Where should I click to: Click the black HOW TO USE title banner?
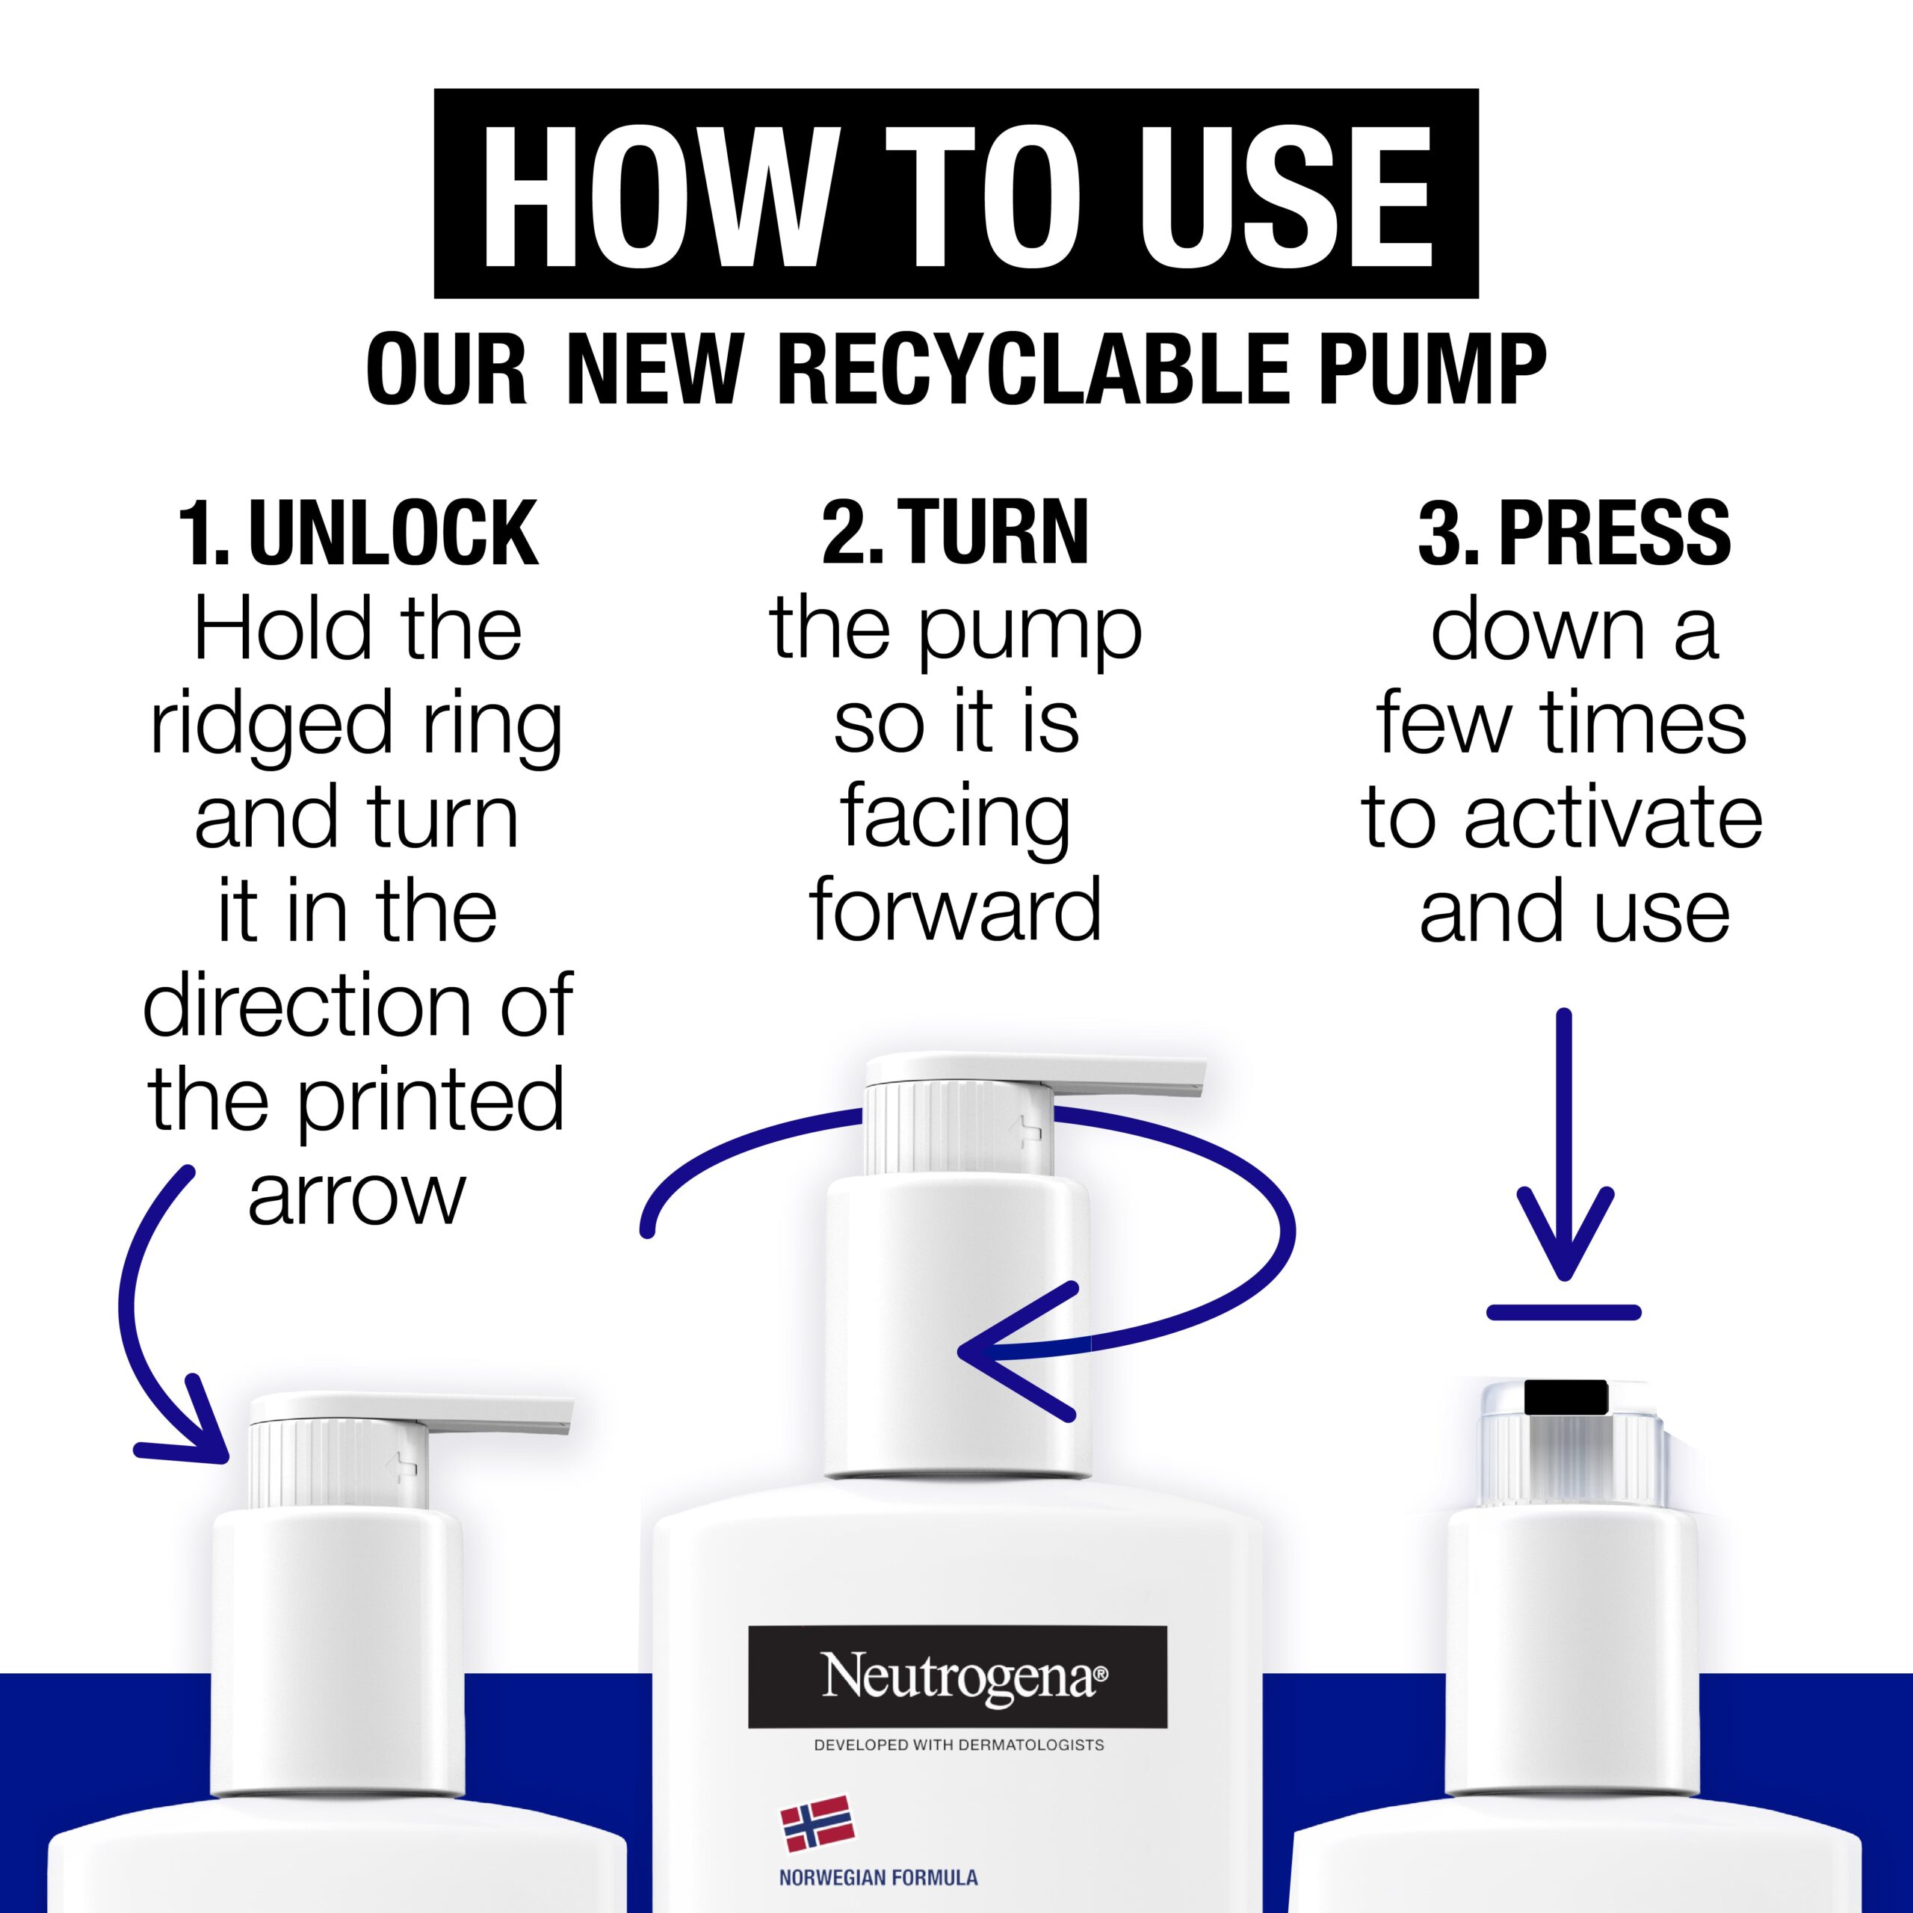956,194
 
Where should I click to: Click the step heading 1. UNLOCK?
359,533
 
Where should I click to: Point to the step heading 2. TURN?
956,533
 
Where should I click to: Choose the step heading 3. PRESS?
1574,533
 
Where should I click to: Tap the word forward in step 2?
956,910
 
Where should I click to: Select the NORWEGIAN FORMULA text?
878,1877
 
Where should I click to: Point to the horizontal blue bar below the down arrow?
1565,1312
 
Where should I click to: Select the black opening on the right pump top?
1566,1397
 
